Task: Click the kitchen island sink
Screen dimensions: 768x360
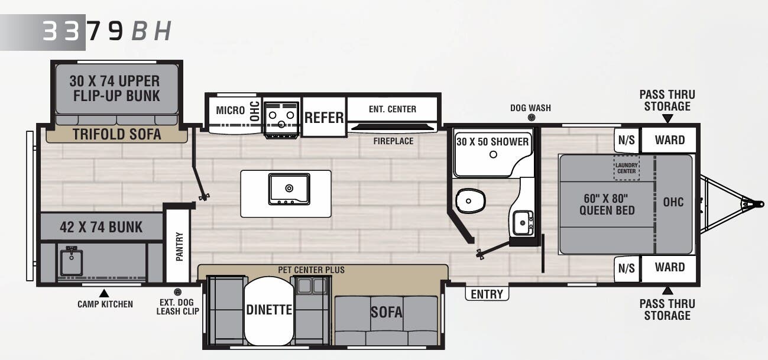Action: [x=289, y=189]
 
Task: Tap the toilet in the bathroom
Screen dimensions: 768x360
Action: [x=471, y=200]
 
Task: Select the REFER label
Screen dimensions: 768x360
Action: [x=324, y=118]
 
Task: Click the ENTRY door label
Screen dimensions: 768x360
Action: [x=487, y=294]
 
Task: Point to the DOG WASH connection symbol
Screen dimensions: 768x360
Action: [x=532, y=118]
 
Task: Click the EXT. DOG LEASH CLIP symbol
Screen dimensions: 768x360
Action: [x=177, y=292]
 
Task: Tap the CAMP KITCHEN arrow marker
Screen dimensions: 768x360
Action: [x=104, y=293]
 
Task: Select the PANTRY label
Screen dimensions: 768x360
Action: [x=179, y=247]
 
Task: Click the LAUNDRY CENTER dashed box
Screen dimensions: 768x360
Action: [x=626, y=168]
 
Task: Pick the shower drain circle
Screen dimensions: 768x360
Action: [x=493, y=155]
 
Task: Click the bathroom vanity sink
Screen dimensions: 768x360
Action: [x=523, y=223]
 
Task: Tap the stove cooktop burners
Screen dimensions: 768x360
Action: [x=281, y=119]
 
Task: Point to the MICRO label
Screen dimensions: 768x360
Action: [x=231, y=111]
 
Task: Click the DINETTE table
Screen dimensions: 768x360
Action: [x=269, y=310]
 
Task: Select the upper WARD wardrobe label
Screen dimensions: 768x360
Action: [x=670, y=140]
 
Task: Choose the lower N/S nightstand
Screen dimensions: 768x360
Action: [x=627, y=269]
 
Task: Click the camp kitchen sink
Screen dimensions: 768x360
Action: [x=72, y=262]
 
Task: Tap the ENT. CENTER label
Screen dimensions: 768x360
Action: [x=393, y=109]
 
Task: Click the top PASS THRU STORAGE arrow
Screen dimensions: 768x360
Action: [x=667, y=119]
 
